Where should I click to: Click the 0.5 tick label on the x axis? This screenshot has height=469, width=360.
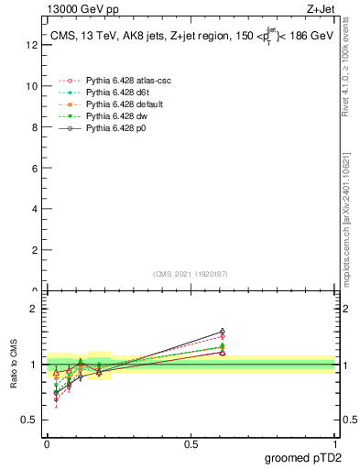tap(191, 443)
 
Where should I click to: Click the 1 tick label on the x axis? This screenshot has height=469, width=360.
tap(334, 443)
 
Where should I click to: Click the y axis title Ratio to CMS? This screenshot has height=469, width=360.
tap(13, 364)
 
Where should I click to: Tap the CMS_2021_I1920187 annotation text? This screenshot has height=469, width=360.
tap(190, 274)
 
